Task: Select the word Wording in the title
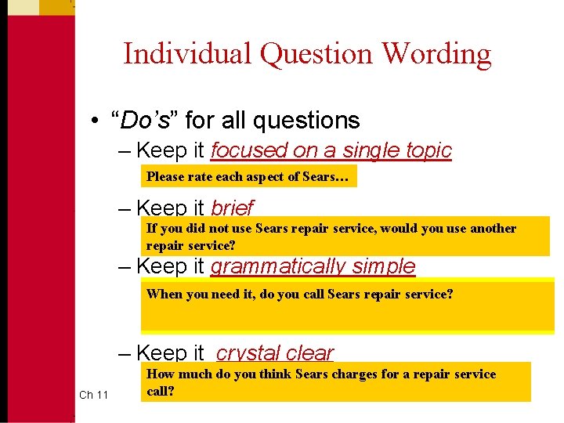(437, 54)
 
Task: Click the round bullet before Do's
(93, 121)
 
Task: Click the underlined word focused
(249, 150)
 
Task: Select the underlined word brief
(233, 208)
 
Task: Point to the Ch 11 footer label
(93, 395)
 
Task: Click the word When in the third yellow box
(164, 295)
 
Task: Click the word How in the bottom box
(161, 374)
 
